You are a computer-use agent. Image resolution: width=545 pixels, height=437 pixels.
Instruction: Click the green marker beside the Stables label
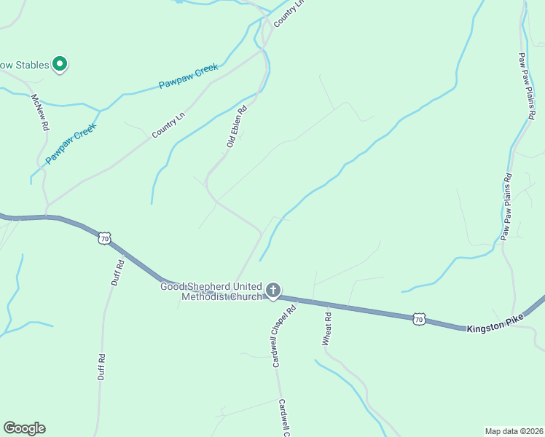point(60,65)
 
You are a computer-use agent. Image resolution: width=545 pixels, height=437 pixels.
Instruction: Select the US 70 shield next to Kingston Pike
point(418,318)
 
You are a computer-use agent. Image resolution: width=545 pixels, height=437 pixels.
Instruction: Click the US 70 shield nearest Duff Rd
point(105,238)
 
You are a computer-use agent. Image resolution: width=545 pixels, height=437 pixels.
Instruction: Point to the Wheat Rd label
point(327,328)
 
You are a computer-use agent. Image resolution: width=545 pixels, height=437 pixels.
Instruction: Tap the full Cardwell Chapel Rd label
point(284,336)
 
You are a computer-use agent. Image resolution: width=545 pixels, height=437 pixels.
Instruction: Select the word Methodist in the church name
point(205,297)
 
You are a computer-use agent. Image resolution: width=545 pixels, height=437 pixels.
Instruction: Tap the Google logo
point(24,428)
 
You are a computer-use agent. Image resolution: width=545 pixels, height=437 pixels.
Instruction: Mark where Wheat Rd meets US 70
point(315,301)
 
